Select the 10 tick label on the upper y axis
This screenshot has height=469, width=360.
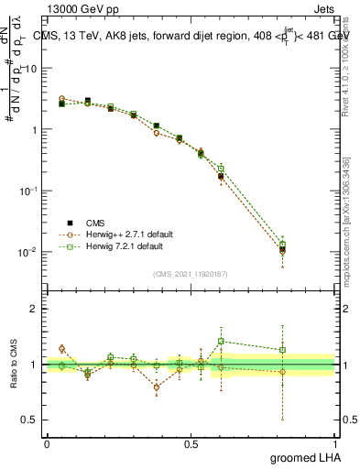coord(32,69)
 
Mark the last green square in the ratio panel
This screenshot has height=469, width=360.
coord(283,349)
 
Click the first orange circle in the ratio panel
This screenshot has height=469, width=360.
coord(61,348)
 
